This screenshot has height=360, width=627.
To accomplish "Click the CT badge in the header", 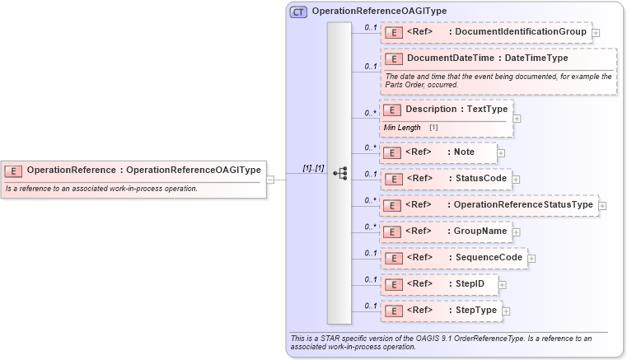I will [298, 12].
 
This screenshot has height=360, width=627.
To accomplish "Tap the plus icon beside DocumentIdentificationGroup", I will [596, 33].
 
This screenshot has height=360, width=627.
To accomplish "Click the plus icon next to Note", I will [501, 153].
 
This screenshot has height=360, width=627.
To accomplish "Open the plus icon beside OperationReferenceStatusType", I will [602, 206].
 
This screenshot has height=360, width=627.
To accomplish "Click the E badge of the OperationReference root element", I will [13, 171].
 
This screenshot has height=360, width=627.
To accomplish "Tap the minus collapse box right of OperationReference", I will [270, 180].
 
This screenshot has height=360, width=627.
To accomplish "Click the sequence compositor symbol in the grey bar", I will [339, 174].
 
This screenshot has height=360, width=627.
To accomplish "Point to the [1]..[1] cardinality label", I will [313, 168].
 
